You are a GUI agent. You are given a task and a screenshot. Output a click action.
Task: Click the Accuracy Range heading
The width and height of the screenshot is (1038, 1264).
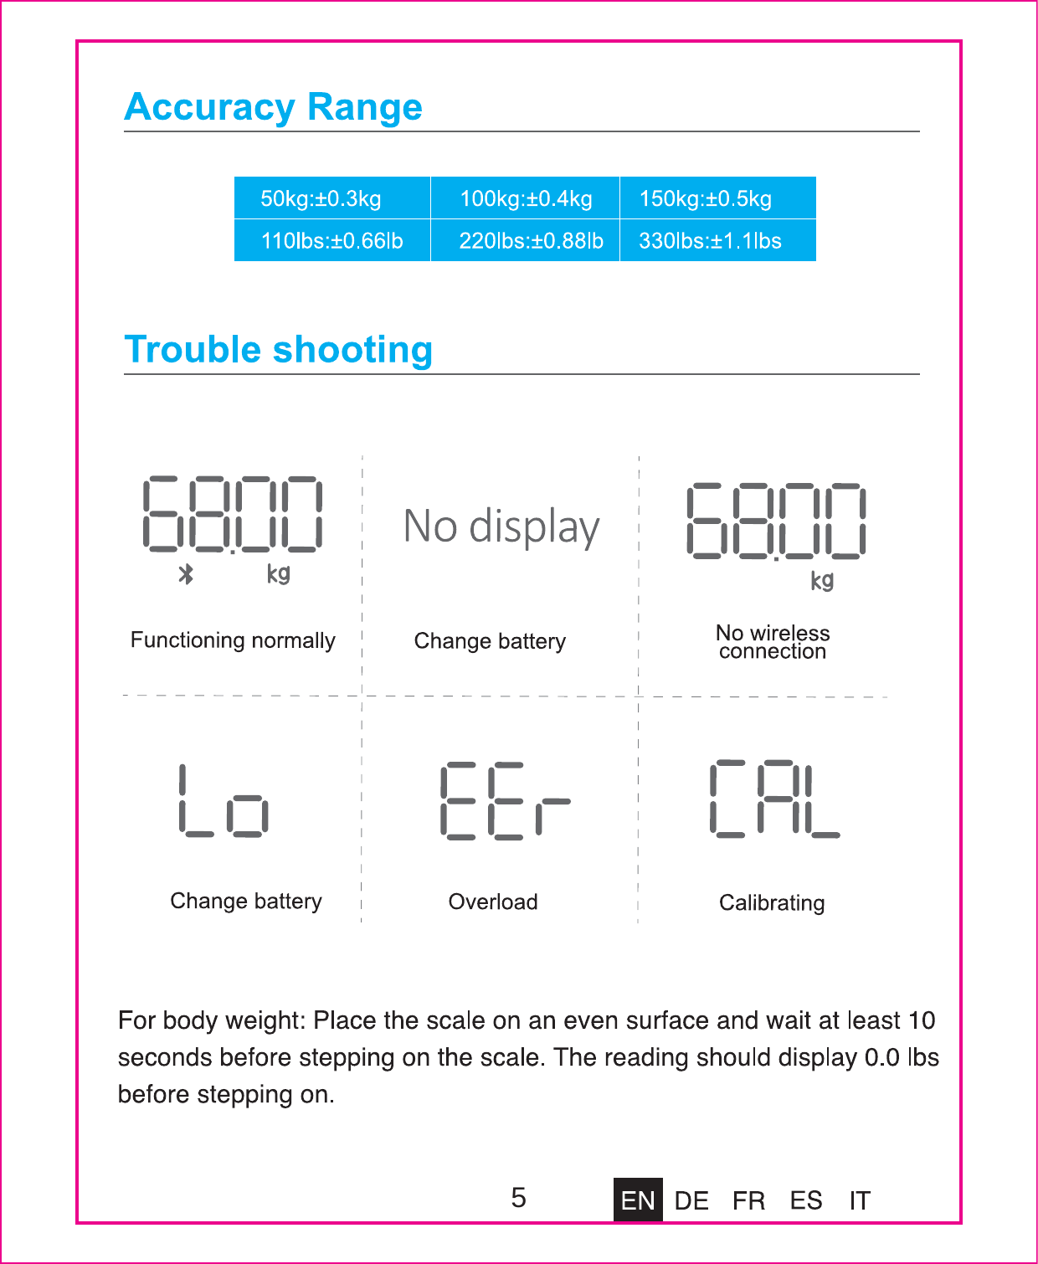[273, 107]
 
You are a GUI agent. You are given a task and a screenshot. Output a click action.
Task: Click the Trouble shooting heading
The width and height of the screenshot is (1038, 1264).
[278, 350]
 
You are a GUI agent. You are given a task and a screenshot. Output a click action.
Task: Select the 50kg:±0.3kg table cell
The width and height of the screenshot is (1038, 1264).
[321, 198]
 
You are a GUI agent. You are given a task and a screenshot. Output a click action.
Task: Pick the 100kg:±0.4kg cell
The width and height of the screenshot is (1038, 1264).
[526, 198]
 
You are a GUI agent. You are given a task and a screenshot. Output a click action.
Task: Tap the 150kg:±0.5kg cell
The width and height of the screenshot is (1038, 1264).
[706, 198]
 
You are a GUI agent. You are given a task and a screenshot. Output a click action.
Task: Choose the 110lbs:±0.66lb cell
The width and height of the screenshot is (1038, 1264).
[331, 241]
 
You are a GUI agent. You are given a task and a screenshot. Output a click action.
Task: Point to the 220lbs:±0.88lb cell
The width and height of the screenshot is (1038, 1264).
[531, 241]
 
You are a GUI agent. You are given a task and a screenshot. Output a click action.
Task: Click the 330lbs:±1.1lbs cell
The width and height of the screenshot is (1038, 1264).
[710, 241]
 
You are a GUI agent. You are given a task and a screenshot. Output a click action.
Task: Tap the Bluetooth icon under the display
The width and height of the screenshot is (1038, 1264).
[186, 574]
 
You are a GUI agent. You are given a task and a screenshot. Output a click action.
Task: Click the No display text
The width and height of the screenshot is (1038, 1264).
[501, 527]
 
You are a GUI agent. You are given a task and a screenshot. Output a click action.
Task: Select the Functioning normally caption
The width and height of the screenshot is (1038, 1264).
[233, 640]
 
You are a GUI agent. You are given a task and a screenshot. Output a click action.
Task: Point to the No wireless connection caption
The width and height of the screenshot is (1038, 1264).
[773, 642]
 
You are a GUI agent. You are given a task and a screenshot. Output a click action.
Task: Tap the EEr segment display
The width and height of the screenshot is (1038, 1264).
[505, 800]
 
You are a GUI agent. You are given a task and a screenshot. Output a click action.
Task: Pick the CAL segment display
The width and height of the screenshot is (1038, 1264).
[774, 799]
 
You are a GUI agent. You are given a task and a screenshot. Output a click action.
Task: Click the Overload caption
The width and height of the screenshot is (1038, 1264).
[493, 902]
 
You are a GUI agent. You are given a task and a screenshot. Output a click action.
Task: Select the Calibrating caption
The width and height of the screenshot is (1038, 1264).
[772, 902]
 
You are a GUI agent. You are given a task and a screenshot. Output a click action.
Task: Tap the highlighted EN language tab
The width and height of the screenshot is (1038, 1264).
[638, 1200]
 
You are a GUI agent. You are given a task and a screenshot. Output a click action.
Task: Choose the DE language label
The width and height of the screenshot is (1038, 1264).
[691, 1200]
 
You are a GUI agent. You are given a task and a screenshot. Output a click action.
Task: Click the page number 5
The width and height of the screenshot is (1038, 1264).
[519, 1198]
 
